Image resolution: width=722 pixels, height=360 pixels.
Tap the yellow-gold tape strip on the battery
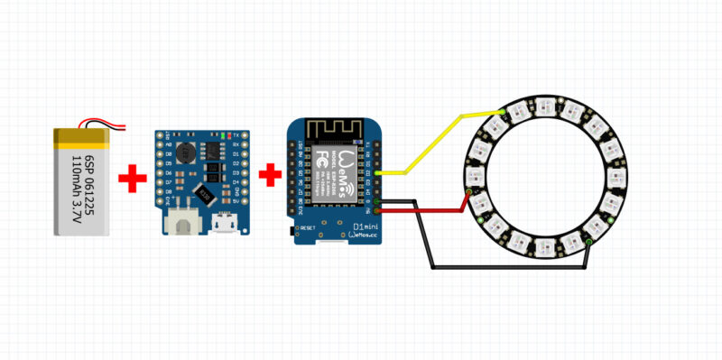click(82, 137)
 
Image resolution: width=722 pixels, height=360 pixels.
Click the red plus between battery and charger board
click(133, 178)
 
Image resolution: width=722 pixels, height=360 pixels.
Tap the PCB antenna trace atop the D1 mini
click(333, 130)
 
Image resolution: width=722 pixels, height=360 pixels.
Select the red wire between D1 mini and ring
click(424, 212)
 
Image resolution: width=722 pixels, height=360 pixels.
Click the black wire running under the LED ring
click(505, 267)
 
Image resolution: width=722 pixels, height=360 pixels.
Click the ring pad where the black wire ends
click(589, 243)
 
